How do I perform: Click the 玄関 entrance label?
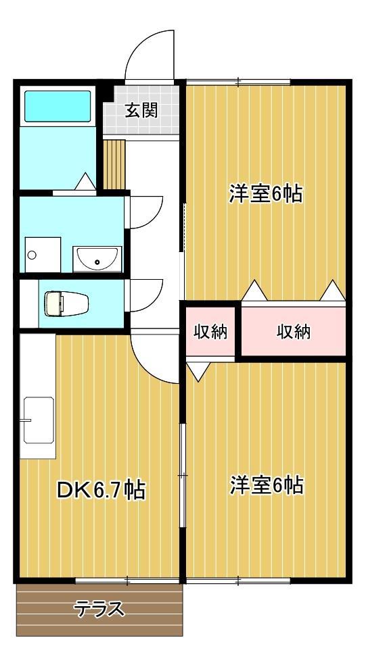coord(141,110)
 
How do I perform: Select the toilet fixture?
coord(57,303)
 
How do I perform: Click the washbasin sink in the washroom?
coord(97,258)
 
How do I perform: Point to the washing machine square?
coord(41,254)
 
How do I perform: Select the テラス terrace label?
coord(99,610)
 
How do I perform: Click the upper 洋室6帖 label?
coord(265,195)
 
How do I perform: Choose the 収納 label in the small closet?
coord(210,332)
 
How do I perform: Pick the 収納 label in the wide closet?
coord(293,332)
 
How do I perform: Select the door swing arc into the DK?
coord(154,357)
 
